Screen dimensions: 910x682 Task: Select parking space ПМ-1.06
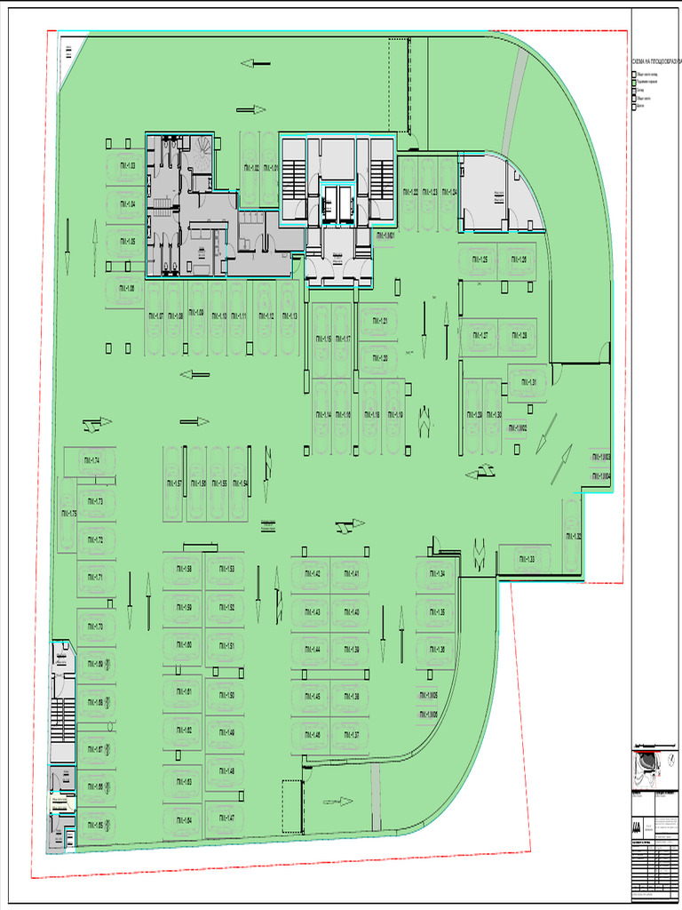pos(126,289)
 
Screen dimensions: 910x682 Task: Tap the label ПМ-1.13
pos(289,315)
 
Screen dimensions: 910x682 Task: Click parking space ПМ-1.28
pos(517,336)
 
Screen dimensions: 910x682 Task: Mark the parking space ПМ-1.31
pos(528,383)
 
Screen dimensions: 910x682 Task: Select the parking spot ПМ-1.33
pos(525,559)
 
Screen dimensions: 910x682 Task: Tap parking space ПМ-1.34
pos(435,573)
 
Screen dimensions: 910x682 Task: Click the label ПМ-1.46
pos(311,735)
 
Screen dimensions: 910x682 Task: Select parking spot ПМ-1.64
pos(183,819)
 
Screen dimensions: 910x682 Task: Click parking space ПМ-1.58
pos(183,569)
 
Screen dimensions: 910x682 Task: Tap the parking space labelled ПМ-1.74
pos(90,460)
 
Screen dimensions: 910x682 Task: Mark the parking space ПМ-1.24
pos(448,192)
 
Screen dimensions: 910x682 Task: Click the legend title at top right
pos(656,61)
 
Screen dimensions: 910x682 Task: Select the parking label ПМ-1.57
pos(173,483)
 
